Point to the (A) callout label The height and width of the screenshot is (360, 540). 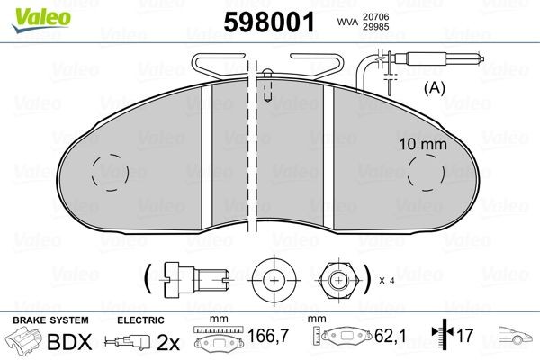tap(435, 88)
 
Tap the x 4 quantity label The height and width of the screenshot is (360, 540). tap(388, 281)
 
